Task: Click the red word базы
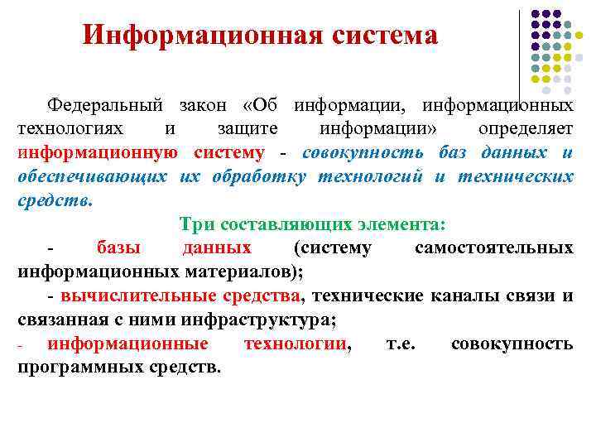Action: click(118, 248)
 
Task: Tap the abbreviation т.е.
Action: click(401, 344)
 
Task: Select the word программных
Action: click(79, 367)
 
